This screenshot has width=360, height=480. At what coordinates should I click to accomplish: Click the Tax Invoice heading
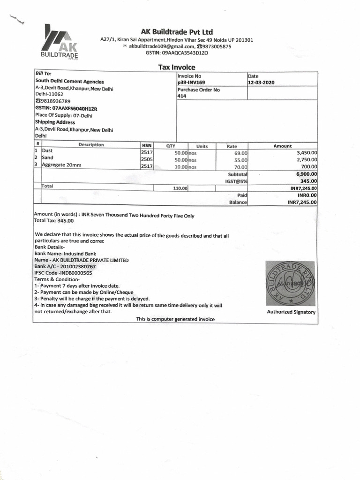coord(176,67)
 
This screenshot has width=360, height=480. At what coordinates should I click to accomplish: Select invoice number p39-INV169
coord(191,82)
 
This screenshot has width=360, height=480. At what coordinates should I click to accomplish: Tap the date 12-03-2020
coord(261,82)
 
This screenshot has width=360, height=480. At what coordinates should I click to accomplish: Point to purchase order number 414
coord(182,96)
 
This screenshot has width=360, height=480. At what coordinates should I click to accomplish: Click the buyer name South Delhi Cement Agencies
coord(70,82)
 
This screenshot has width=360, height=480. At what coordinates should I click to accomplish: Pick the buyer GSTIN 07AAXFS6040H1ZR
coord(66,108)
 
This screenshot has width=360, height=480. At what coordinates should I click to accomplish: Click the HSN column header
coord(147,145)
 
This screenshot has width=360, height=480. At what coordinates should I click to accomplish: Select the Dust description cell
coord(47,151)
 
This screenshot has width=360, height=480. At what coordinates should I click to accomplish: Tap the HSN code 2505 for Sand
coord(147,159)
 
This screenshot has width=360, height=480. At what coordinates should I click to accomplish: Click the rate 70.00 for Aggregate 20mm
coord(240,166)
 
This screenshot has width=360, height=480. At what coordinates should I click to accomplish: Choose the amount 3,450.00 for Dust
coord(307,152)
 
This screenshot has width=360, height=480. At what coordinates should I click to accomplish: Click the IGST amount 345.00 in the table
coord(308,181)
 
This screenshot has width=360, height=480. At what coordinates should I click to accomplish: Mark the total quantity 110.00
coord(180,188)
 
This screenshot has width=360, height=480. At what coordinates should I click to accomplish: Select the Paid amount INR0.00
coord(307,195)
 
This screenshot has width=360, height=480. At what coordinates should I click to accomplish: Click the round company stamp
coord(291,283)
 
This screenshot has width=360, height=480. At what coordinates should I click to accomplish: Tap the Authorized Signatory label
coord(291,312)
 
